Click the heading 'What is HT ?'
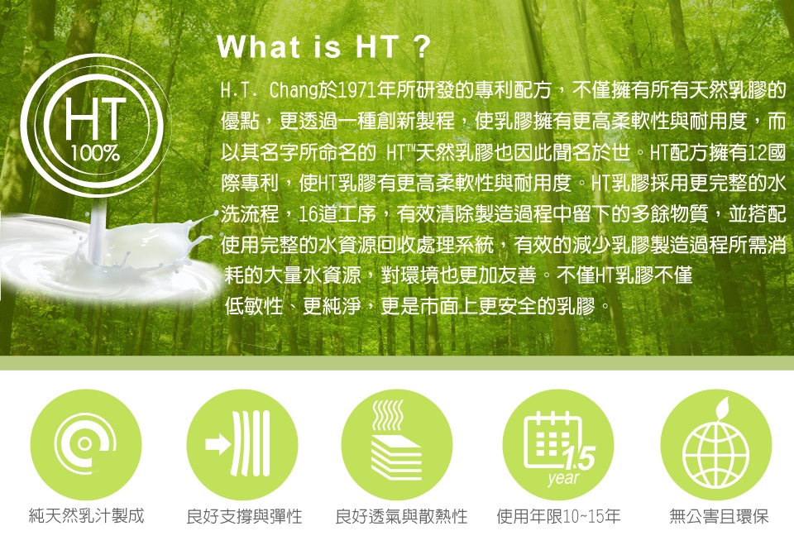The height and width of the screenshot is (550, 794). (323, 48)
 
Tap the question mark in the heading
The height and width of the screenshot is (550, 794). (421, 48)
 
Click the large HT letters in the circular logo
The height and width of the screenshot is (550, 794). (95, 119)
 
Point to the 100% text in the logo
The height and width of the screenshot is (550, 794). (95, 154)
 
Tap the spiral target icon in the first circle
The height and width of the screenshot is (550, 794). (85, 443)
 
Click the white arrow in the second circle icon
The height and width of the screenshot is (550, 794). (218, 444)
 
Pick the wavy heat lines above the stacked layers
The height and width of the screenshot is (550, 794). (388, 415)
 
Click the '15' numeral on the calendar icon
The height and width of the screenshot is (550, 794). (581, 459)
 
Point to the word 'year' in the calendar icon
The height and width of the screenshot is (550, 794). (563, 478)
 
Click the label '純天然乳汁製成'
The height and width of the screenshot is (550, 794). (87, 516)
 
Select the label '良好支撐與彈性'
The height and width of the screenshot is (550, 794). (244, 517)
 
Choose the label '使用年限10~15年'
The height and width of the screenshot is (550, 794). (558, 517)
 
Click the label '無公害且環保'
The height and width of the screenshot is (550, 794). (719, 517)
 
